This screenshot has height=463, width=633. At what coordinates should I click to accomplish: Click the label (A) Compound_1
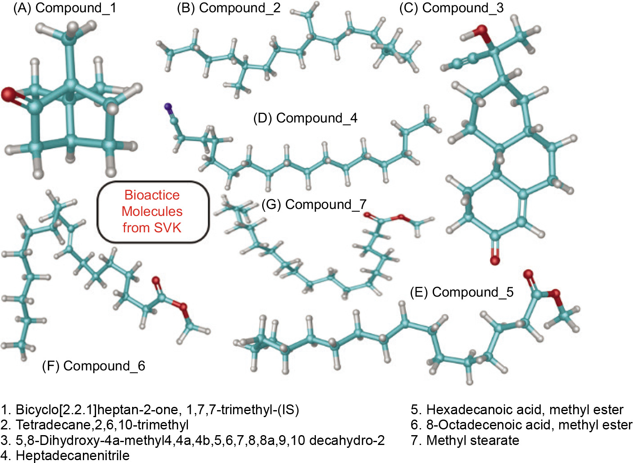tap(64, 8)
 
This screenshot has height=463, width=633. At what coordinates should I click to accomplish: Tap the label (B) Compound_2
tap(229, 8)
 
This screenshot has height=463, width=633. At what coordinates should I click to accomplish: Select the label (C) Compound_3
tap(451, 8)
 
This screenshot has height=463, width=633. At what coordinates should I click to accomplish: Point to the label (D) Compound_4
tap(305, 118)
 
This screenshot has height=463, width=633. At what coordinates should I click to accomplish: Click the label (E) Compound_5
tap(462, 292)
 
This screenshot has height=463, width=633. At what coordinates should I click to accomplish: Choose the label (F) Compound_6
tap(94, 365)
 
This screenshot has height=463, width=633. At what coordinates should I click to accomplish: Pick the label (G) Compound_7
tap(314, 204)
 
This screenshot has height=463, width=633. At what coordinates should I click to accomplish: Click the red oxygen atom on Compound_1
tap(7, 95)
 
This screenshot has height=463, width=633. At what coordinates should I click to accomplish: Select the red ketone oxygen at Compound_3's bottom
tap(495, 260)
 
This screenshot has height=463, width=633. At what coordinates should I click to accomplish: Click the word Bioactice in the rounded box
tap(152, 195)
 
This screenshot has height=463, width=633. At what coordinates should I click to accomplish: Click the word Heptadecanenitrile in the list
tap(73, 455)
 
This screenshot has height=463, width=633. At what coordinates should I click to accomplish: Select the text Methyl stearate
tap(473, 440)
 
